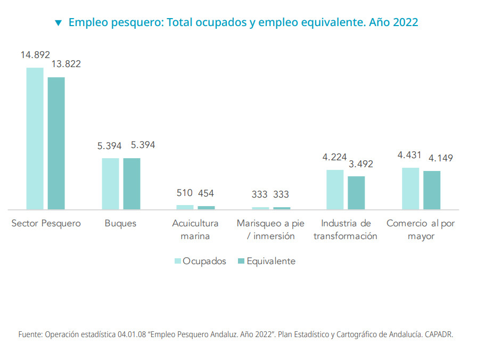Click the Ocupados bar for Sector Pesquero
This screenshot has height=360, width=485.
point(35,138)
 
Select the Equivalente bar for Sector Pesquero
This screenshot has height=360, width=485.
point(56,143)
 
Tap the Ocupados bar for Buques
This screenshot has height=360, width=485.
point(111,184)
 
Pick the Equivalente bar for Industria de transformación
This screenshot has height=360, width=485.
point(356,193)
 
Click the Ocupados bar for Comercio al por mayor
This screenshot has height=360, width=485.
point(410,189)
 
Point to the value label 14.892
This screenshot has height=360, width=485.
point(35,55)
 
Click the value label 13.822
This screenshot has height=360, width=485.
point(66,64)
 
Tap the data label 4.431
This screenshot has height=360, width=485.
point(409,156)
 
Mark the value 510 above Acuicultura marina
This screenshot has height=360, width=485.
point(184,193)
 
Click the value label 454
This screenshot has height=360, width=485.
point(206,193)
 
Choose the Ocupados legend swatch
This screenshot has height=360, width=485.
point(178,261)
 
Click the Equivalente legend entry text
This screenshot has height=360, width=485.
point(271,261)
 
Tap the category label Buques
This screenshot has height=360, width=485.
point(120,224)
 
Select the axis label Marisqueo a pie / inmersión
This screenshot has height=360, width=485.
point(270,230)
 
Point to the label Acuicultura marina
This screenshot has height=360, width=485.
point(195,230)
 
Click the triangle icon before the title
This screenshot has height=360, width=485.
point(59,23)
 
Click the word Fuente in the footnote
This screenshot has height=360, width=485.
point(30,335)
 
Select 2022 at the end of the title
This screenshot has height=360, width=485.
point(405,22)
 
